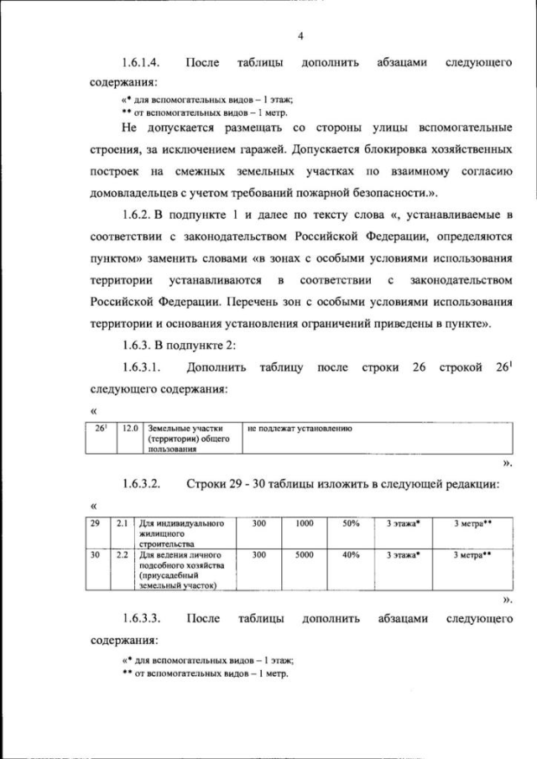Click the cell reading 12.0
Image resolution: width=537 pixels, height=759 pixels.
(130, 429)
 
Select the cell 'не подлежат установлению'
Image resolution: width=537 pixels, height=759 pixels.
(299, 429)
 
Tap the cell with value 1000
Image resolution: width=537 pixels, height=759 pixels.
(304, 523)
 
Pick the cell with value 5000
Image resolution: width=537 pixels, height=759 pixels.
(304, 554)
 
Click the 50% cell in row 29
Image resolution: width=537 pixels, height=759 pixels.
(351, 523)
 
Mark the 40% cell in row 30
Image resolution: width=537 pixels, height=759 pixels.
(351, 554)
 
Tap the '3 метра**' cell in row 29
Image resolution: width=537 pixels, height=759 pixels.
(472, 523)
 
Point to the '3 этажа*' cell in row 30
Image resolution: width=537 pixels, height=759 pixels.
(404, 554)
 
